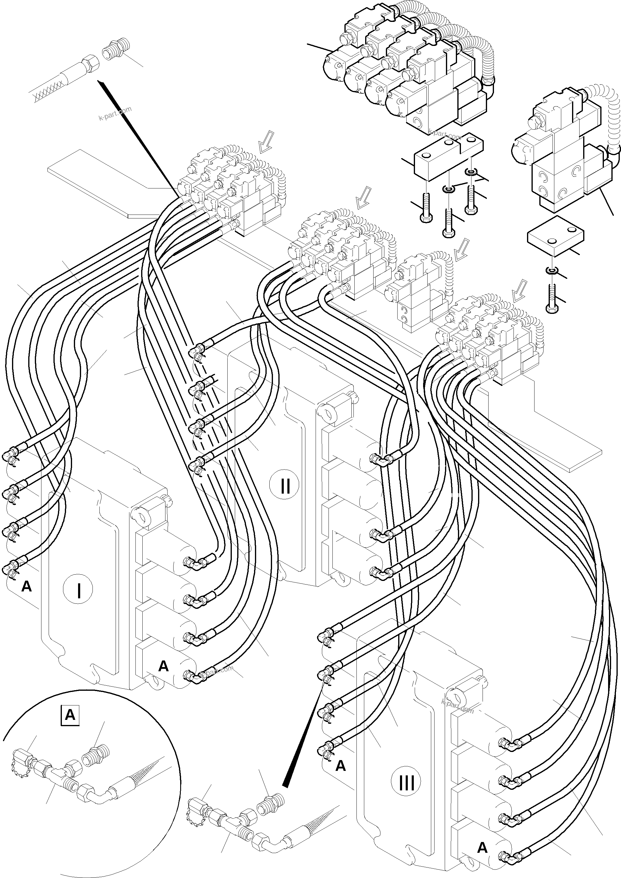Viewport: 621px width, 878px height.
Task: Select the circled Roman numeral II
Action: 285,486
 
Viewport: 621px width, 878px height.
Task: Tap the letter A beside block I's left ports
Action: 26,585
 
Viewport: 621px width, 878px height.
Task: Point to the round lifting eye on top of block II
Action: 328,413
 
